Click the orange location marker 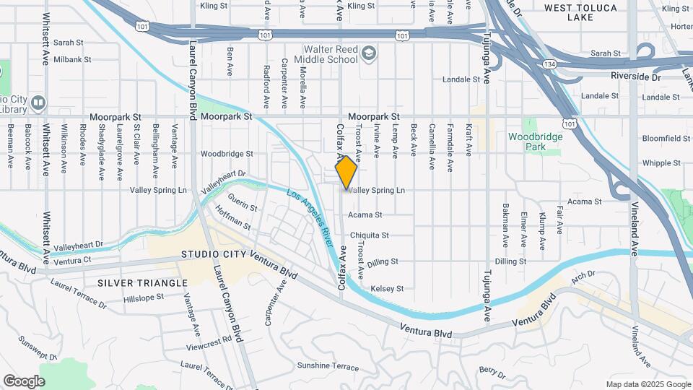point(346,172)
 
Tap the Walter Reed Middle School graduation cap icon point(369,53)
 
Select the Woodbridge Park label point(535,141)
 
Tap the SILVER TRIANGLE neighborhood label point(136,282)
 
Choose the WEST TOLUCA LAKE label point(580,12)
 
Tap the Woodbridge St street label point(227,154)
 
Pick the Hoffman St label point(235,226)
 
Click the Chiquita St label point(369,235)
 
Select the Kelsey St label point(386,289)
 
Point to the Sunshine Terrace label point(328,367)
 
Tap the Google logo point(24,381)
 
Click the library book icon point(38,102)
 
